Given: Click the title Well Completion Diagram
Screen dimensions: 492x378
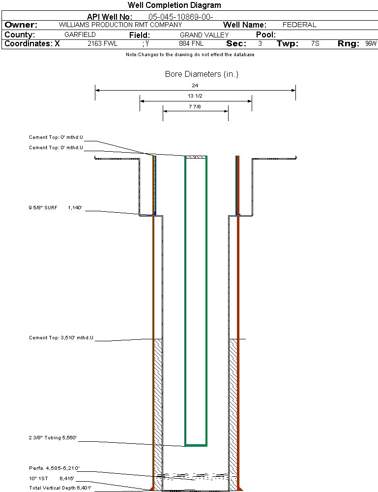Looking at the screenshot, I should pyautogui.click(x=174, y=5).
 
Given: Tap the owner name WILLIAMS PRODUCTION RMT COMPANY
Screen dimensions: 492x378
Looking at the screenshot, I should pyautogui.click(x=120, y=25).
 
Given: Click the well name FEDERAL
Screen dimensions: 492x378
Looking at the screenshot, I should pyautogui.click(x=299, y=25).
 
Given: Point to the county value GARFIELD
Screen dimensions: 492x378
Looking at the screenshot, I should pyautogui.click(x=80, y=35).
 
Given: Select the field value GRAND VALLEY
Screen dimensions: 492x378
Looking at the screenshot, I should pyautogui.click(x=204, y=35).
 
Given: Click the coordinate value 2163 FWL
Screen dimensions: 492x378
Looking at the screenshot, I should pyautogui.click(x=102, y=44).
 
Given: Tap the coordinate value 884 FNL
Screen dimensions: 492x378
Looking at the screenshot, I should pyautogui.click(x=191, y=44).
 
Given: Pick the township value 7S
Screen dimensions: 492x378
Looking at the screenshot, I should pyautogui.click(x=315, y=44).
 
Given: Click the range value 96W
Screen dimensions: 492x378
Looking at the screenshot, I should pyautogui.click(x=371, y=44).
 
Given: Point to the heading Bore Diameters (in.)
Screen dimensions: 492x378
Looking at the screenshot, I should pyautogui.click(x=202, y=74).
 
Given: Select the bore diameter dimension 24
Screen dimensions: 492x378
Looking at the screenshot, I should pyautogui.click(x=195, y=85).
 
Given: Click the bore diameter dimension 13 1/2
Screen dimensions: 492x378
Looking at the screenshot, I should pyautogui.click(x=195, y=96).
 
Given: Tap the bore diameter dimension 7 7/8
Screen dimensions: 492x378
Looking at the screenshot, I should pyautogui.click(x=195, y=106).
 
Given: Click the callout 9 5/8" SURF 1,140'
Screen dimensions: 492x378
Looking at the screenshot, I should pyautogui.click(x=55, y=208).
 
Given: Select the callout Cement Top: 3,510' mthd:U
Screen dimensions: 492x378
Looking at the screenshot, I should pyautogui.click(x=61, y=338).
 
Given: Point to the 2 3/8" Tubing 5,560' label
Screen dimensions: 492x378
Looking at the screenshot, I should pyautogui.click(x=53, y=437).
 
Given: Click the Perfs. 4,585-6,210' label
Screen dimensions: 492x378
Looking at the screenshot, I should pyautogui.click(x=54, y=468).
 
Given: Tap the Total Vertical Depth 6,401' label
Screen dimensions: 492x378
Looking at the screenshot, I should pyautogui.click(x=60, y=488).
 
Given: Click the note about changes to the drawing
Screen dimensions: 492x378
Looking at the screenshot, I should pyautogui.click(x=190, y=55).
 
